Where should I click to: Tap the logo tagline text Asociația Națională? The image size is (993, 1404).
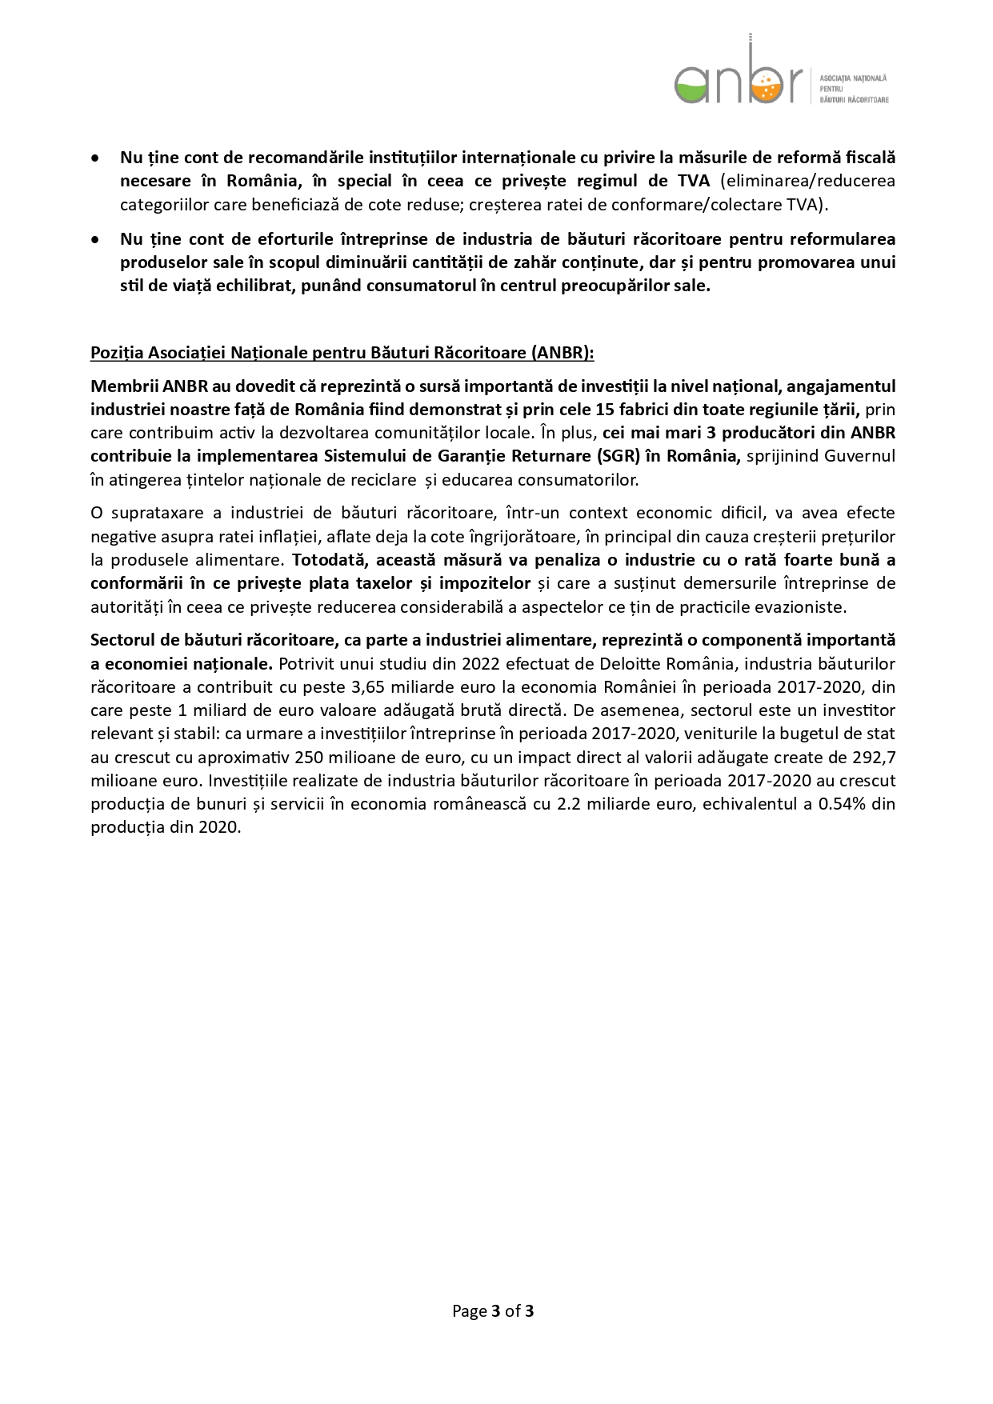(x=854, y=78)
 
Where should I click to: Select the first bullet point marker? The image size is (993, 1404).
(x=96, y=158)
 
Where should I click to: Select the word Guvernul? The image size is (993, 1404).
(x=861, y=456)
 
